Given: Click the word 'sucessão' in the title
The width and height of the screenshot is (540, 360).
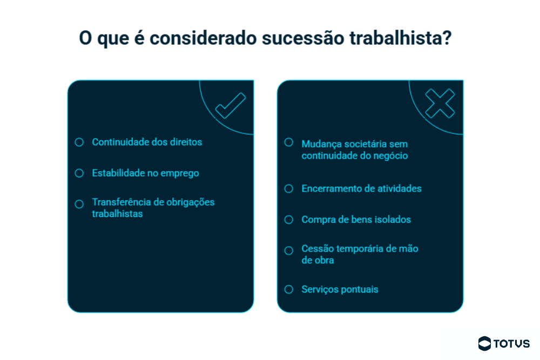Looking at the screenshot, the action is pos(303,38).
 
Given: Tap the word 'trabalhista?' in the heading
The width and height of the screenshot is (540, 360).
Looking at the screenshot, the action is pos(401,38).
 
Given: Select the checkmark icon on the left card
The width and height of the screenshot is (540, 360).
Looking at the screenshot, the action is pos(231,106).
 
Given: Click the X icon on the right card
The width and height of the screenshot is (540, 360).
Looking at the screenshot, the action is pos(440,103).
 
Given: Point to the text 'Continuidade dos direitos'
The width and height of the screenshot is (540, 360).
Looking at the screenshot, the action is pos(147,142).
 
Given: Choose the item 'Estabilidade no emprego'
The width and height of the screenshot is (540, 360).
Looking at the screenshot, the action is pos(145,173).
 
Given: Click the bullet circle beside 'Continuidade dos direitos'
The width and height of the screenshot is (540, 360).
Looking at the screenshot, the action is pos(79,142).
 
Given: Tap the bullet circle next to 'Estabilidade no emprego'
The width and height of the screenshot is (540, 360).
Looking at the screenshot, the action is pos(79,173).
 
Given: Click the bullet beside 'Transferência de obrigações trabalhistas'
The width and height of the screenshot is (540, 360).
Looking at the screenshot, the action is pos(79,204).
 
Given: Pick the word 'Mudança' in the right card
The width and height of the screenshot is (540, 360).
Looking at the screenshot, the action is pos(321,144).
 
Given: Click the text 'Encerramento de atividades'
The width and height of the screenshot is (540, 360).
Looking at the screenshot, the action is pos(362,188).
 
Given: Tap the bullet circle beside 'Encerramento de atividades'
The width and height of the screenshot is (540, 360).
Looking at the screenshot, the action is pos(288,188).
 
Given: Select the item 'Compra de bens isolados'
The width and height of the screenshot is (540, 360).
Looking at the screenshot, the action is pos(356,220).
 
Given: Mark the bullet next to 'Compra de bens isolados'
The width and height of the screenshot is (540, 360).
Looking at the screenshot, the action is pos(288,220).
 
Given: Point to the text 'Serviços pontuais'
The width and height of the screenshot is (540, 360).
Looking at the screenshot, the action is pos(340,289).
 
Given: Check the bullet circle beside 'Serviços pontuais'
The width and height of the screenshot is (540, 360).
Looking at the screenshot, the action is pos(288,289).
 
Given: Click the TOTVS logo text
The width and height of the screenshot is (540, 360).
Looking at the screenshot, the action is pos(512,344).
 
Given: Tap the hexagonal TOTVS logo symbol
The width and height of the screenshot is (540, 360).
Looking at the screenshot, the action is pos(484,343).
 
